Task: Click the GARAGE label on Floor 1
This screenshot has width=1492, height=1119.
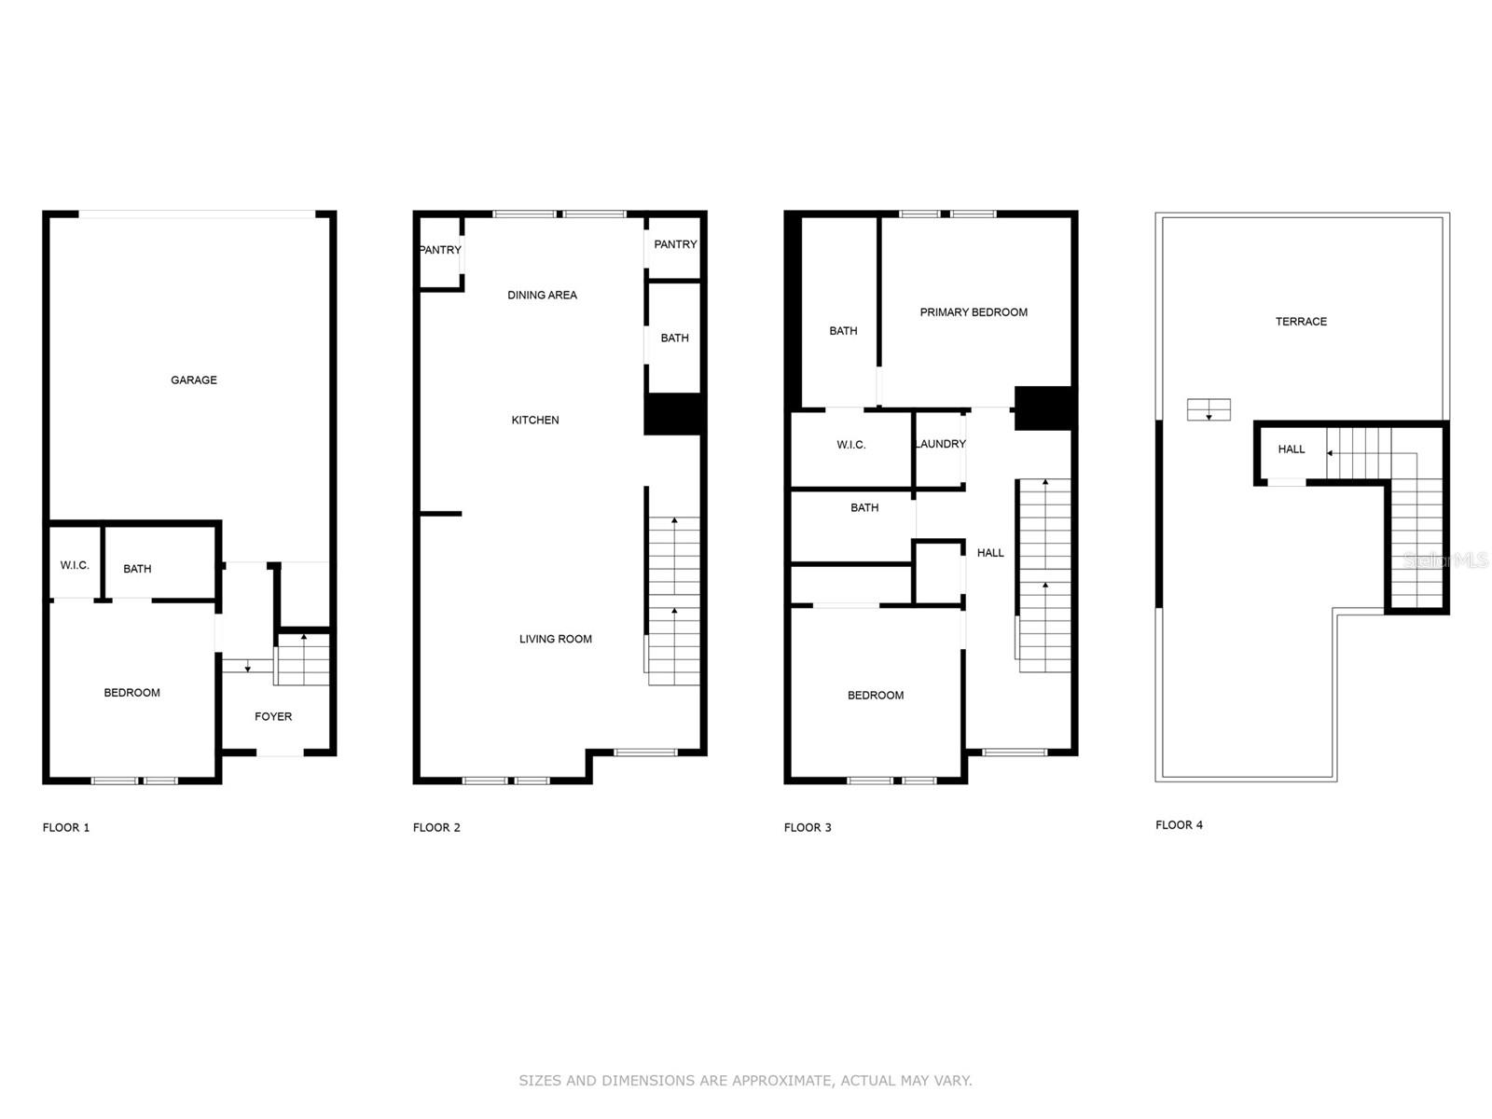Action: (194, 380)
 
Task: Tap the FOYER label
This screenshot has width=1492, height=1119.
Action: (273, 717)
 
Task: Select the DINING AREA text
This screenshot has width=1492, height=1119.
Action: (542, 296)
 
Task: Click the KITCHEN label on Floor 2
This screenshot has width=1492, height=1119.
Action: (535, 421)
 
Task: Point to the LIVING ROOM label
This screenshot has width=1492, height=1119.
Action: (556, 640)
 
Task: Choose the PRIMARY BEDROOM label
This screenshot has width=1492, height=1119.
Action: (974, 312)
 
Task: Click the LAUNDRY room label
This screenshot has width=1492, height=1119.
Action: (940, 444)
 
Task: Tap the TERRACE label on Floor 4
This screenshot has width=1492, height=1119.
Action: (1301, 322)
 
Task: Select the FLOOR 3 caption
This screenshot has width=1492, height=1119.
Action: (808, 828)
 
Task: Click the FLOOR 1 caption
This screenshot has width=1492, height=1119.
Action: (66, 828)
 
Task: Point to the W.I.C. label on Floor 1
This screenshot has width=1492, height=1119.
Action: (75, 566)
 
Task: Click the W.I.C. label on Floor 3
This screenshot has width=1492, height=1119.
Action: (851, 445)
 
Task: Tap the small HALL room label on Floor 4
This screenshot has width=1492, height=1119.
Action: (1292, 449)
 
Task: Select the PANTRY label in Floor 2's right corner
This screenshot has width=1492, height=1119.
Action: (675, 244)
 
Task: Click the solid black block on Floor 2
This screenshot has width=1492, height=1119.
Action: (673, 414)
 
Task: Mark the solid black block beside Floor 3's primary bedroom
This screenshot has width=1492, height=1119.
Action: (1044, 408)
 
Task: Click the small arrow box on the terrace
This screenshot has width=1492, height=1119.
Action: (1209, 409)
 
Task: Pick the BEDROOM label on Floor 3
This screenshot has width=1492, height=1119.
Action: (876, 696)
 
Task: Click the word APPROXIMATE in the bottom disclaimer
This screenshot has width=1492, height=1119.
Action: (781, 1081)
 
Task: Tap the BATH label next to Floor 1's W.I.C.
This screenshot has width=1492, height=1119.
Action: (137, 569)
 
